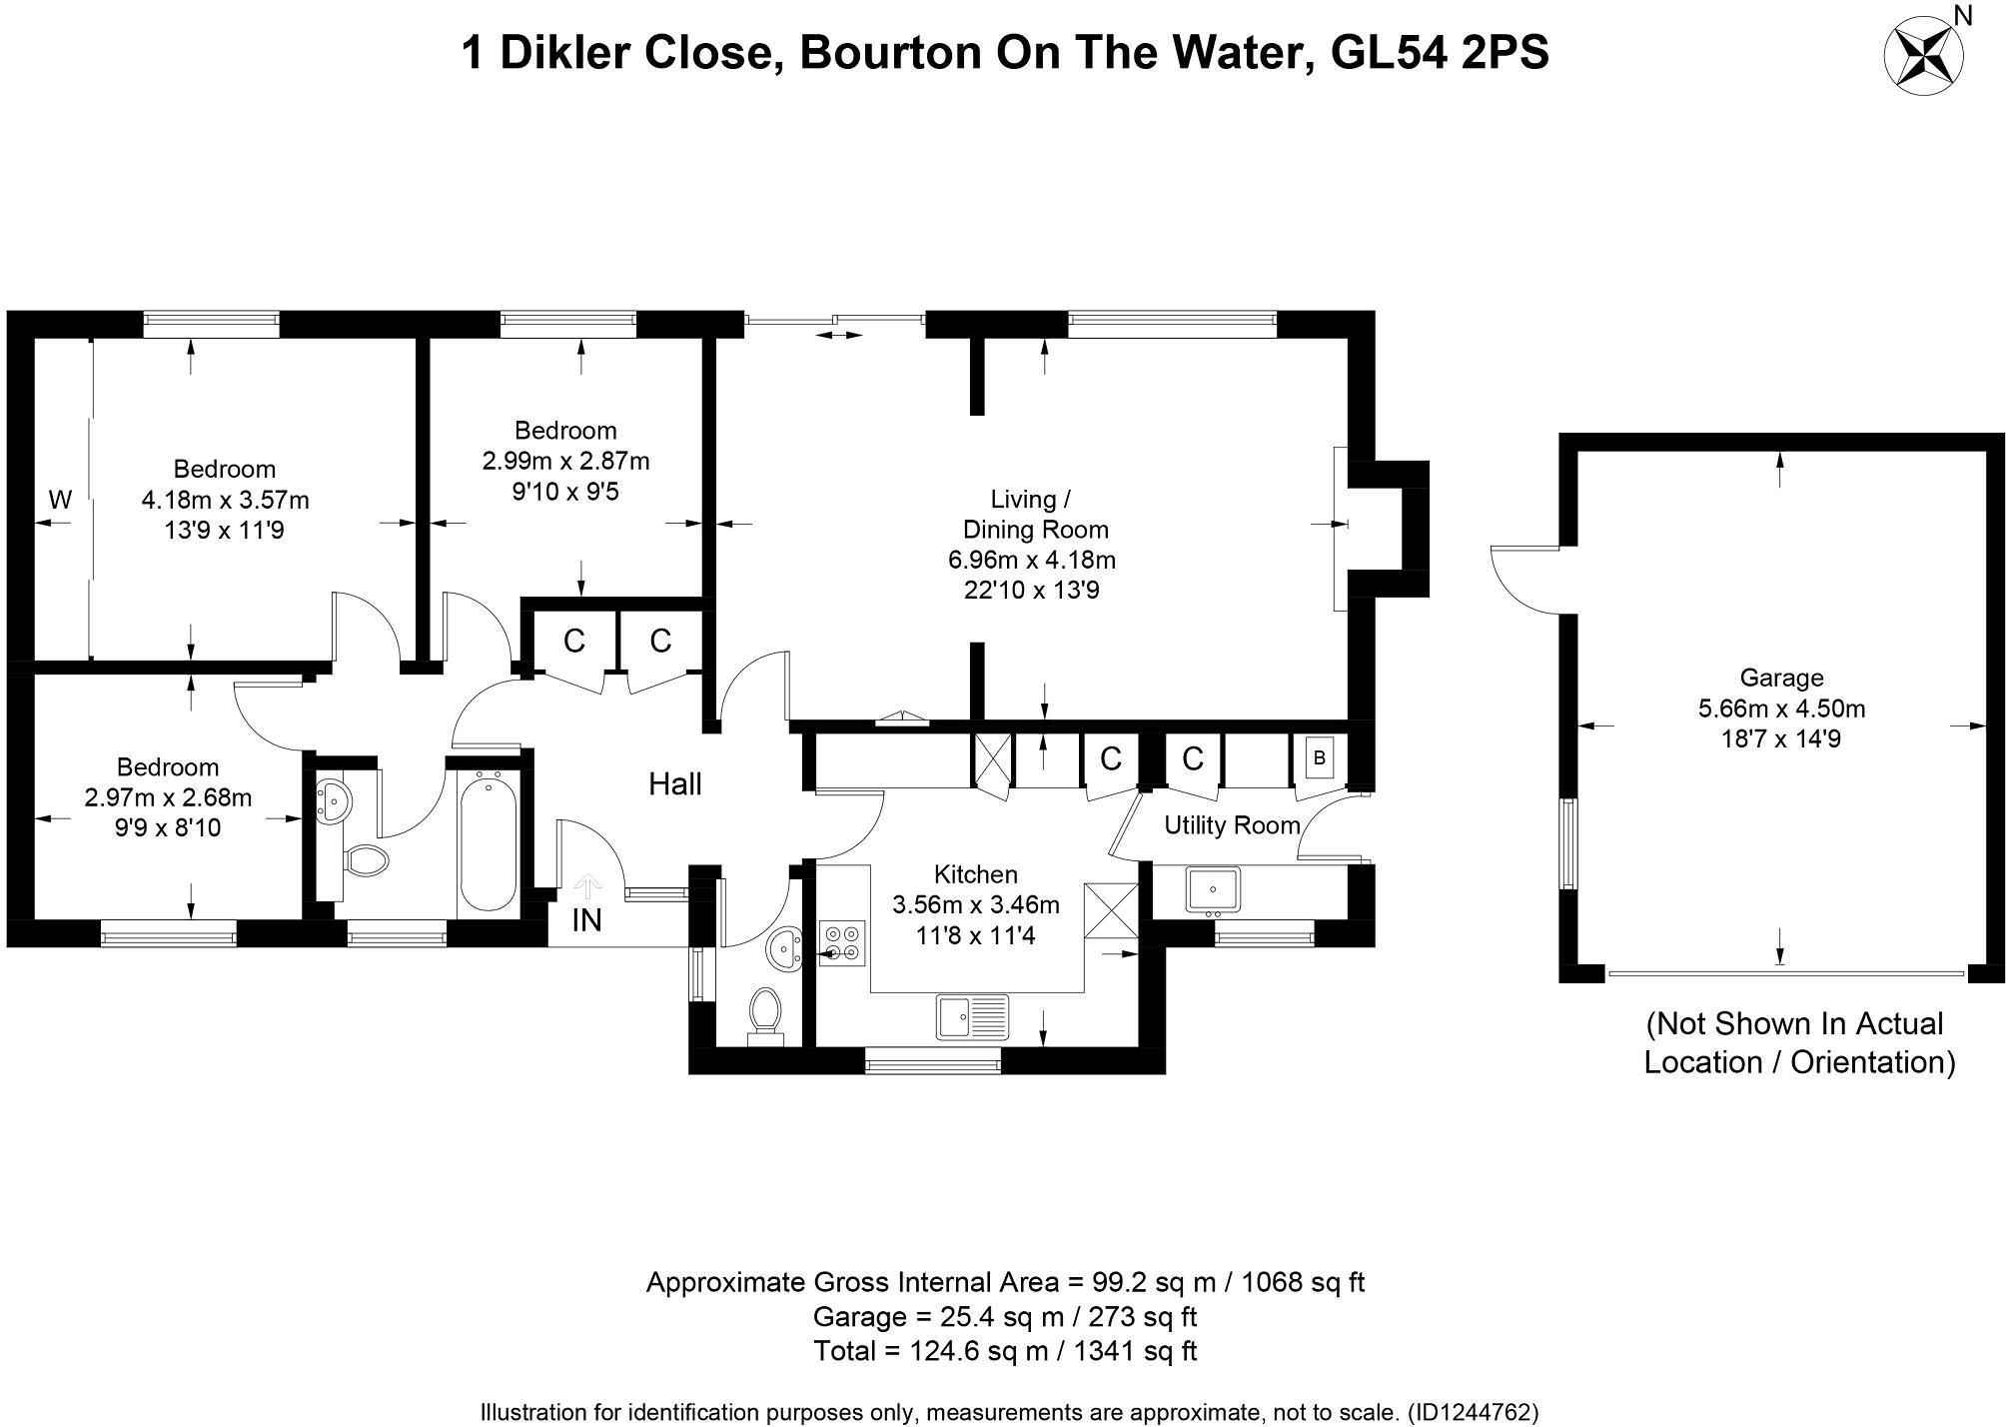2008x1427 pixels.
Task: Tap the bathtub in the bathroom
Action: click(x=488, y=841)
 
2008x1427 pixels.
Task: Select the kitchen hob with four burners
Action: click(x=841, y=942)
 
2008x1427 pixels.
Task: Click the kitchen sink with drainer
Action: click(x=972, y=1017)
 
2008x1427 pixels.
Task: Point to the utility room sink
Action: click(x=1213, y=889)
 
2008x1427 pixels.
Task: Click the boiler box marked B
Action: click(x=1319, y=759)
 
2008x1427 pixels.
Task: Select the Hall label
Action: click(x=674, y=784)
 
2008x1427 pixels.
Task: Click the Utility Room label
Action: click(x=1232, y=825)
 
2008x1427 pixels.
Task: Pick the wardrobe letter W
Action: click(x=60, y=500)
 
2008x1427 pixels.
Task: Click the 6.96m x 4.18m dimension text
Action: click(x=1031, y=560)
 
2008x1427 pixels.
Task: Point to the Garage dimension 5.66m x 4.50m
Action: click(x=1781, y=710)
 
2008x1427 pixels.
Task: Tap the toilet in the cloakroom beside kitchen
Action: click(x=765, y=1015)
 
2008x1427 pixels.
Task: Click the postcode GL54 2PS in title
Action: click(x=1440, y=52)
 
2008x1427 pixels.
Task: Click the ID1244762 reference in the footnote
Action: click(x=1473, y=1413)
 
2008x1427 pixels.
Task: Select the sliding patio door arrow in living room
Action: click(x=839, y=336)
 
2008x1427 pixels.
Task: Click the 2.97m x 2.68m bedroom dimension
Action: click(x=168, y=798)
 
